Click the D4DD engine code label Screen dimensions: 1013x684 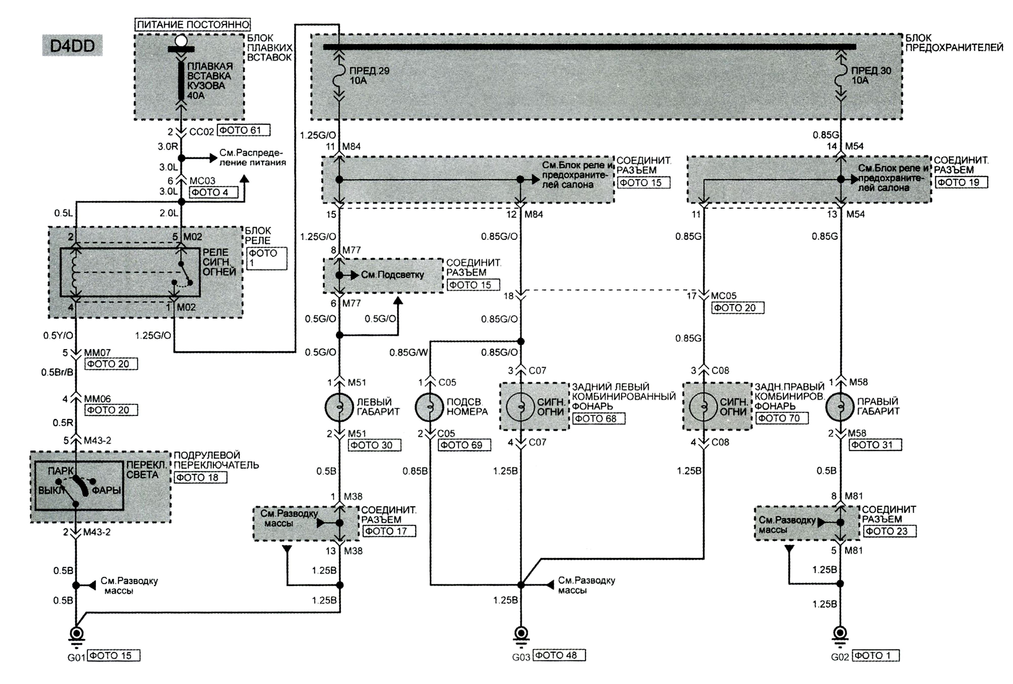click(72, 45)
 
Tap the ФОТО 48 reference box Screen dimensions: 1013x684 click(559, 655)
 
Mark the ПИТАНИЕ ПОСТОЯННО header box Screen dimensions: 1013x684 click(193, 24)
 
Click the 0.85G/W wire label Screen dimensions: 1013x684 click(408, 353)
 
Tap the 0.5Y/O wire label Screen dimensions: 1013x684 click(58, 336)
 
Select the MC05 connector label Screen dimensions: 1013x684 click(724, 296)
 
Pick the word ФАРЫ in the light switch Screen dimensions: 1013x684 click(106, 490)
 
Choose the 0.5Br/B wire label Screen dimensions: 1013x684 click(57, 372)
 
